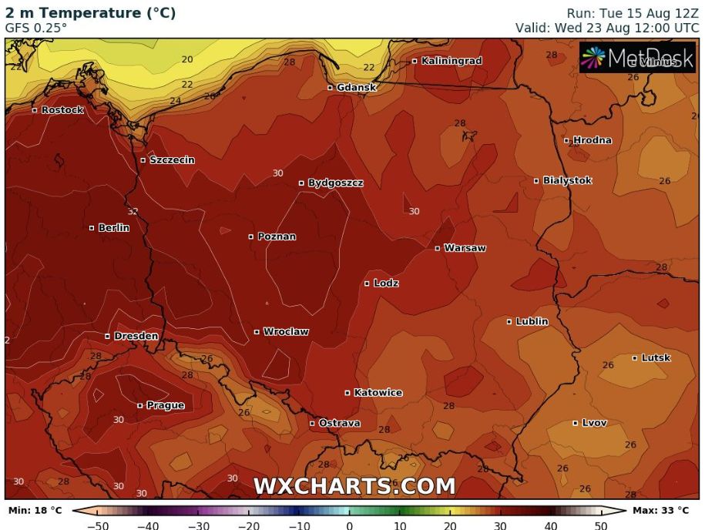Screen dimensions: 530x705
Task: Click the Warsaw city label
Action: click(465, 248)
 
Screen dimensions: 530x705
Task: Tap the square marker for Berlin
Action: click(92, 228)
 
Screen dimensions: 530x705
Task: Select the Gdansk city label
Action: click(356, 88)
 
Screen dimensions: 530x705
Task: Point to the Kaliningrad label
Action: click(452, 61)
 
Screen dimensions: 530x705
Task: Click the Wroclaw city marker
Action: click(257, 332)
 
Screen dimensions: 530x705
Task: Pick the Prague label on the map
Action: click(166, 405)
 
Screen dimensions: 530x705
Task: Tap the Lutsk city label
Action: click(656, 358)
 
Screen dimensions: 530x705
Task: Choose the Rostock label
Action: click(62, 110)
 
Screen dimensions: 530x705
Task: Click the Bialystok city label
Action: click(567, 180)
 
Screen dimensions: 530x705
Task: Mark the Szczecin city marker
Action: click(143, 160)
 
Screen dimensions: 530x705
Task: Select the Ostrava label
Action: click(339, 424)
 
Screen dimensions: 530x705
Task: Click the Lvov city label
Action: click(594, 423)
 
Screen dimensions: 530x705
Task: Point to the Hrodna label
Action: click(593, 140)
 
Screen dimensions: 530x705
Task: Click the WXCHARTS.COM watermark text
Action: click(354, 487)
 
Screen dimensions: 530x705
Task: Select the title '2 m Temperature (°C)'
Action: click(90, 13)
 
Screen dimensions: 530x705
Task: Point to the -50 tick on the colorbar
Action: click(97, 525)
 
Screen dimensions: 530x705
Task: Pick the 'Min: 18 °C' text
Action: click(35, 510)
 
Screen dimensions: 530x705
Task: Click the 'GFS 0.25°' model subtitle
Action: click(36, 28)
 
